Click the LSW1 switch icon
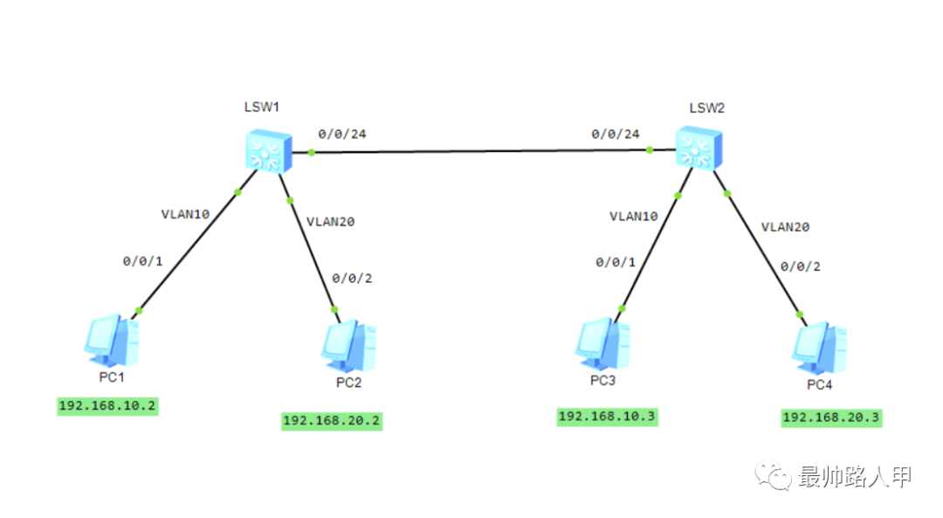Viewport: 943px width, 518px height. point(266,149)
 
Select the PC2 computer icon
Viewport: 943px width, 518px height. point(349,345)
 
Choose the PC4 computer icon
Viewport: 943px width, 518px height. point(819,347)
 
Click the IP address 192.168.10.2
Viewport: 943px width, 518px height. point(108,406)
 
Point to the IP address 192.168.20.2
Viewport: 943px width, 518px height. point(332,420)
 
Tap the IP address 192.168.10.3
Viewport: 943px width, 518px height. point(608,417)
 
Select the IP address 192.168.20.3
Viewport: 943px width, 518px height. point(831,418)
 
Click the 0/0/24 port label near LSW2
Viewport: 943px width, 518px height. point(616,134)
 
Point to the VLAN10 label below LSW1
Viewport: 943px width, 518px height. point(185,213)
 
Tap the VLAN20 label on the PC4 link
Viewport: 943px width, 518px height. point(785,226)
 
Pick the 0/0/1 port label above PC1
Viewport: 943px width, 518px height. point(142,260)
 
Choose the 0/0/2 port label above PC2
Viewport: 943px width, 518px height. point(352,278)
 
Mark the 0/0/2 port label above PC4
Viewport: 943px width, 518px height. point(800,266)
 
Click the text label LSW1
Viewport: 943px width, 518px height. point(261,107)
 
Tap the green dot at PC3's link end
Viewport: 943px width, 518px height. point(622,308)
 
